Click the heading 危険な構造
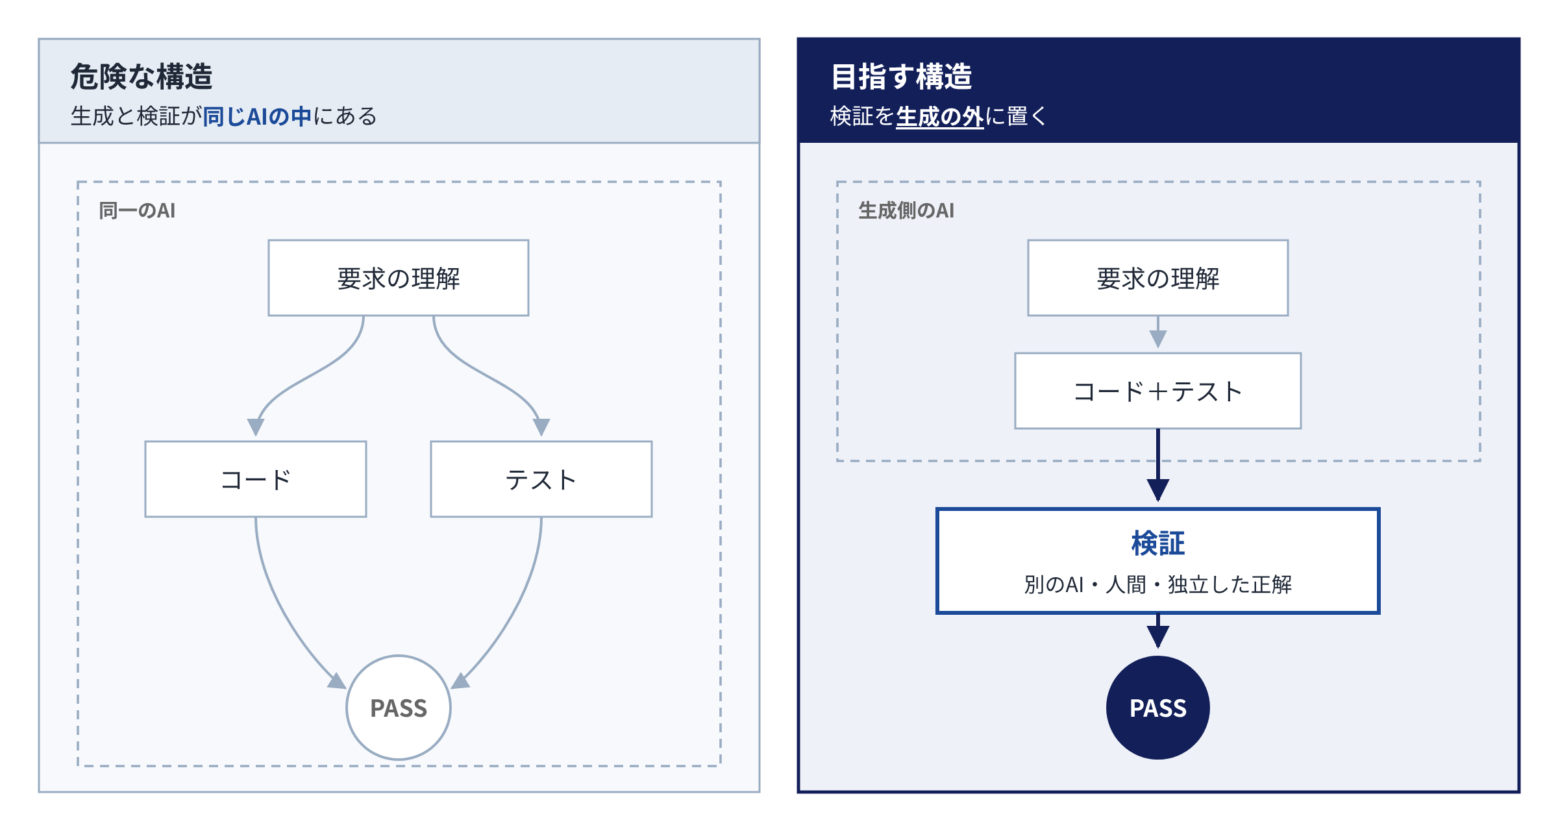pyautogui.click(x=142, y=77)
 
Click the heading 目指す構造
pyautogui.click(x=902, y=77)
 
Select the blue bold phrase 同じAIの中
pyautogui.click(x=258, y=116)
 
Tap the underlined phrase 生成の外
pyautogui.click(x=939, y=117)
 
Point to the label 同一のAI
pyautogui.click(x=137, y=210)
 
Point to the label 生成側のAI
pyautogui.click(x=906, y=210)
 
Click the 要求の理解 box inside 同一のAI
pyautogui.click(x=399, y=278)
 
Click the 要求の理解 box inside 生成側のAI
pyautogui.click(x=1157, y=278)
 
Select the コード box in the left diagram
pyautogui.click(x=256, y=479)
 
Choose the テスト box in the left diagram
pyautogui.click(x=541, y=479)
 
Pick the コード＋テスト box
pyautogui.click(x=1157, y=391)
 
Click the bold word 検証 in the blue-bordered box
pyautogui.click(x=1158, y=543)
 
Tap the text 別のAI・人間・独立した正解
pyautogui.click(x=1158, y=584)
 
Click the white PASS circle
pyautogui.click(x=399, y=708)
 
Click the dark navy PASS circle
pyautogui.click(x=1158, y=708)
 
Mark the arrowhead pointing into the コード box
pyautogui.click(x=256, y=427)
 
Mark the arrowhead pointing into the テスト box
pyautogui.click(x=541, y=427)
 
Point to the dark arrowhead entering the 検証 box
pyautogui.click(x=1158, y=490)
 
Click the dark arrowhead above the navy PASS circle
pyautogui.click(x=1158, y=637)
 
